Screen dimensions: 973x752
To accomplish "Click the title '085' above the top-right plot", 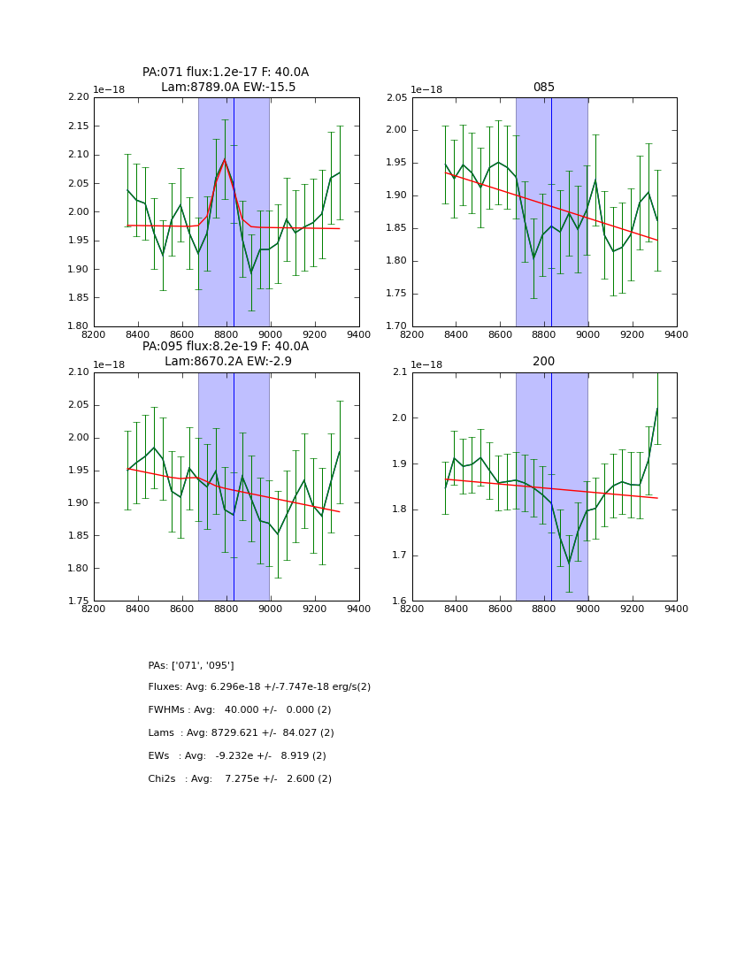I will point(543,88).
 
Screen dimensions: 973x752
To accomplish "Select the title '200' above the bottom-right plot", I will point(543,362).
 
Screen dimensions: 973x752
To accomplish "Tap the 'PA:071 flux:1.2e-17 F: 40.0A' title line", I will point(226,73).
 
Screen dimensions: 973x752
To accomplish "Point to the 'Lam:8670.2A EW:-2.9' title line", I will point(227,362).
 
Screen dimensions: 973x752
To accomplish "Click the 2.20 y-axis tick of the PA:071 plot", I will point(79,97).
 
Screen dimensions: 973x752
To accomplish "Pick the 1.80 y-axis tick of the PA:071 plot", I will point(79,326).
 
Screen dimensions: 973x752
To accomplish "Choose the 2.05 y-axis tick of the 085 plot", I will point(395,97).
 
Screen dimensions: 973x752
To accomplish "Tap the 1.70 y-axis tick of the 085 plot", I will point(395,326).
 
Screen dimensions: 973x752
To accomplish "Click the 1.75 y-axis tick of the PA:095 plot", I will point(79,601).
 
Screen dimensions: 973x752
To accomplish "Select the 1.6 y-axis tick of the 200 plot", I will point(399,601).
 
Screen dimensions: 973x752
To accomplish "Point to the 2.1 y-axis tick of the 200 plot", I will point(399,372).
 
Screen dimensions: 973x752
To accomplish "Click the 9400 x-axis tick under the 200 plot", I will point(676,609).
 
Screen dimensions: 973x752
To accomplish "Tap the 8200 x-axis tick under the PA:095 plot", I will point(94,609).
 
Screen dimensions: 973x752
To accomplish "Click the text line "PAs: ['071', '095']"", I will point(191,665).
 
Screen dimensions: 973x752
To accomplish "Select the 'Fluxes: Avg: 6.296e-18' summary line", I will point(259,687).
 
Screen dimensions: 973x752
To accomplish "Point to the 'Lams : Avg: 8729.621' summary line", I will point(241,733).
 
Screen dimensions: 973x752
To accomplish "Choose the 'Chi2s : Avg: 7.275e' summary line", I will point(240,779).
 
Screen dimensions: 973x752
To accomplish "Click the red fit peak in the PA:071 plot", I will point(225,159).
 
